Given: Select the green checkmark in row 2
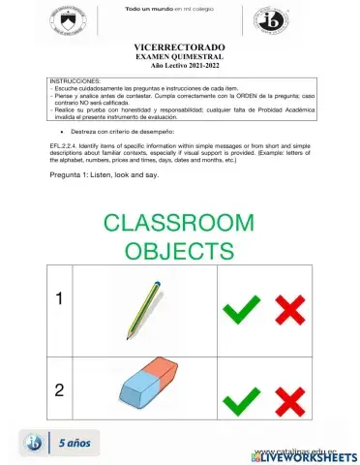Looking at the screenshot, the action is click(242, 400).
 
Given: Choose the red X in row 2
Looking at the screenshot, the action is click(289, 400).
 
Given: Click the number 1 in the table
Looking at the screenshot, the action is click(60, 299).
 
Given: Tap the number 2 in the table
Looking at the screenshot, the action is click(60, 391).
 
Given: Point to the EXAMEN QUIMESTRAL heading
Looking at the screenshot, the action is click(180, 57).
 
